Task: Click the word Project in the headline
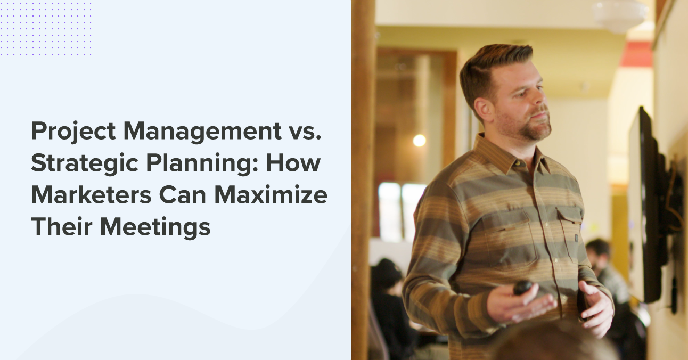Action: [73, 132]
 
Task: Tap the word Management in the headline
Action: [203, 132]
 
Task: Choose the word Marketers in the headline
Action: [91, 195]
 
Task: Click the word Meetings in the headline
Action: [155, 228]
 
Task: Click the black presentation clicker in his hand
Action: [523, 287]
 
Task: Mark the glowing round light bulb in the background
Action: [419, 141]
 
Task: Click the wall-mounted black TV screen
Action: [645, 204]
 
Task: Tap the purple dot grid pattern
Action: [46, 29]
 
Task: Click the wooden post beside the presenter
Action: [363, 180]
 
